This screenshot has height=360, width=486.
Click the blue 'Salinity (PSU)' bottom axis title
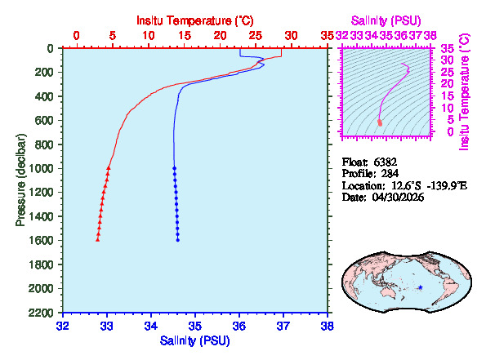click(x=194, y=340)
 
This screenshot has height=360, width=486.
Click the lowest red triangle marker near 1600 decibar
click(x=98, y=240)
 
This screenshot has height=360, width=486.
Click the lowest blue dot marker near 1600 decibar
click(x=177, y=240)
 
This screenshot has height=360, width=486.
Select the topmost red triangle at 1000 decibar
click(x=109, y=167)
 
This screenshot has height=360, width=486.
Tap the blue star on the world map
click(x=420, y=287)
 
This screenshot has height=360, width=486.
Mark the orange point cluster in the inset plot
click(x=380, y=122)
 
